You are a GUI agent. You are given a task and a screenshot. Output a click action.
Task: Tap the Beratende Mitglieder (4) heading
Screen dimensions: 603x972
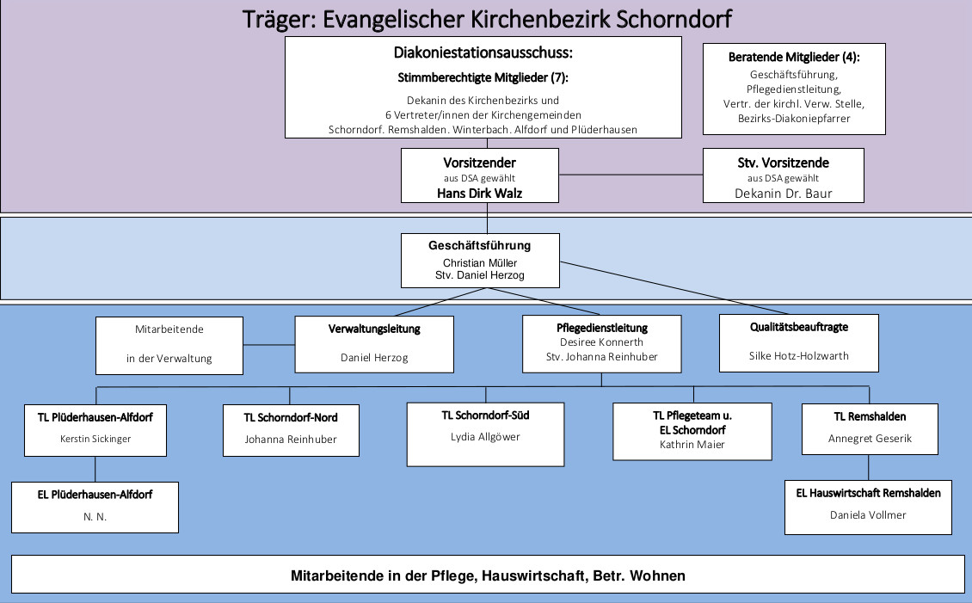click(x=794, y=58)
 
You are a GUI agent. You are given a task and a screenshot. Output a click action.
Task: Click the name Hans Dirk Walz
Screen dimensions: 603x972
click(x=479, y=194)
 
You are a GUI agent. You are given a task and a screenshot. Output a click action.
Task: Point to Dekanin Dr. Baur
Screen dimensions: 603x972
click(x=783, y=194)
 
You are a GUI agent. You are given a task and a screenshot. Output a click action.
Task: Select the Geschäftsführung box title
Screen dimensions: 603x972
click(x=479, y=246)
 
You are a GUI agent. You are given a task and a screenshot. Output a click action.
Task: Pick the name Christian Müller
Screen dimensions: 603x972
click(x=479, y=262)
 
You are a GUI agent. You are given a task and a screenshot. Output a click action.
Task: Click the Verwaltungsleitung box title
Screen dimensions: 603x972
click(x=374, y=329)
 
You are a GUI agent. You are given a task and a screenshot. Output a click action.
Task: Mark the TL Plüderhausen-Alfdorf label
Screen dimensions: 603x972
click(x=95, y=418)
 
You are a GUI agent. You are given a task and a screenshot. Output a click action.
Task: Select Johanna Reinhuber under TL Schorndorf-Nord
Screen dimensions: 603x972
click(x=291, y=439)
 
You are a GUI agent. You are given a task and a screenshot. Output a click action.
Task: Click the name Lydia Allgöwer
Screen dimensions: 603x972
click(x=485, y=437)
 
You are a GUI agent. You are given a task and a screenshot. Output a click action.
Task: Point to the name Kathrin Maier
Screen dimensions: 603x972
click(x=692, y=445)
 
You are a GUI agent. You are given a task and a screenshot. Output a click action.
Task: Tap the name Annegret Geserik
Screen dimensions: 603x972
click(x=869, y=439)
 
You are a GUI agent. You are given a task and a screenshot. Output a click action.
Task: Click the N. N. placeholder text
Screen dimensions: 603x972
click(x=95, y=517)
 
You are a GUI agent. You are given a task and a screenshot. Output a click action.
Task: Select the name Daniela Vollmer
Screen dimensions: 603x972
click(x=868, y=515)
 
